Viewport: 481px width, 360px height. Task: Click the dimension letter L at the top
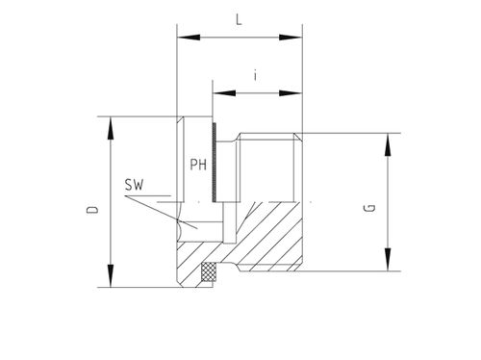239,20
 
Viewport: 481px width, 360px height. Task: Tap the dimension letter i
255,76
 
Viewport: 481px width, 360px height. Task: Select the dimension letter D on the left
92,210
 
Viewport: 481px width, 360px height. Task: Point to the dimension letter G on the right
369,208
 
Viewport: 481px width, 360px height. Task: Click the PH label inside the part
198,165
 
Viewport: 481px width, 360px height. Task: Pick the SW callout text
134,185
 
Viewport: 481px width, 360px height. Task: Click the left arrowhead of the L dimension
189,38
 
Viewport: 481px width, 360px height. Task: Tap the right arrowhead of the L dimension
291,38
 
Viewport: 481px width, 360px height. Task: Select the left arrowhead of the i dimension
224,93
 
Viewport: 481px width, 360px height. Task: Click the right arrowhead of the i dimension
291,93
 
